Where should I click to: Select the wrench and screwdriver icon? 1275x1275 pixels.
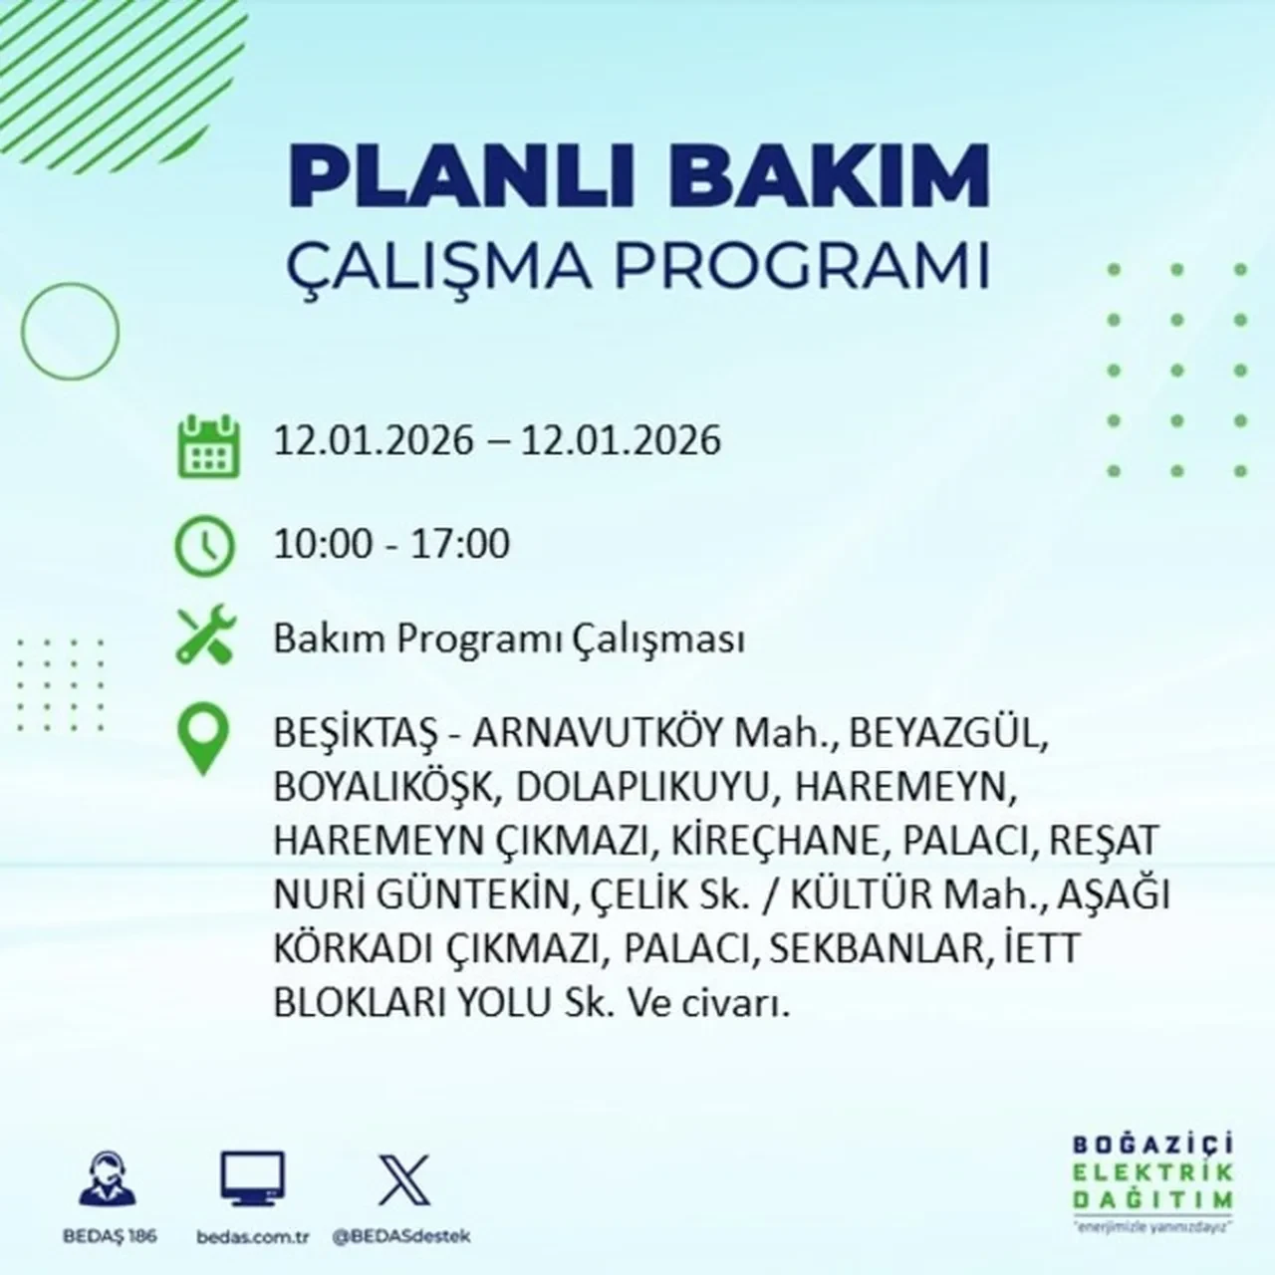tap(205, 637)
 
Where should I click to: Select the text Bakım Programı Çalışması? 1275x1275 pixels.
tap(509, 639)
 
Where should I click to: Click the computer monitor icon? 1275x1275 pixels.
tap(252, 1179)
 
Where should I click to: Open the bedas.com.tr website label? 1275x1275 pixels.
tap(253, 1236)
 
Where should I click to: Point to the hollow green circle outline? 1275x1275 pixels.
tap(70, 329)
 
